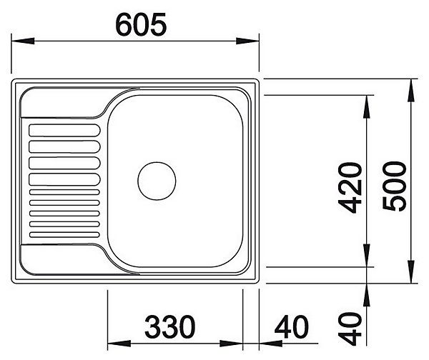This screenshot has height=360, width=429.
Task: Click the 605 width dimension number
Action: (141, 25)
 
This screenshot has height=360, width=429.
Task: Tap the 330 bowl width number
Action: (170, 326)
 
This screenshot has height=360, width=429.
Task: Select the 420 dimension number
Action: (350, 188)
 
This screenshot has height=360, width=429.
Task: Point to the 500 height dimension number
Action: (394, 186)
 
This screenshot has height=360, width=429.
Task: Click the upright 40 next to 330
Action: (292, 326)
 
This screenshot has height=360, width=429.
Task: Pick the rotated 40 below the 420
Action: (350, 329)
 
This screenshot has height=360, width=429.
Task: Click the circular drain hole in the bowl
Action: (157, 181)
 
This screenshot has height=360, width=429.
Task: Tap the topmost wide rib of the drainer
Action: (64, 131)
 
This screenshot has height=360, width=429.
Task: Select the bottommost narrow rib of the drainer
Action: (64, 235)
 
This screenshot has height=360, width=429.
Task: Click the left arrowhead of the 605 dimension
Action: (23, 41)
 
